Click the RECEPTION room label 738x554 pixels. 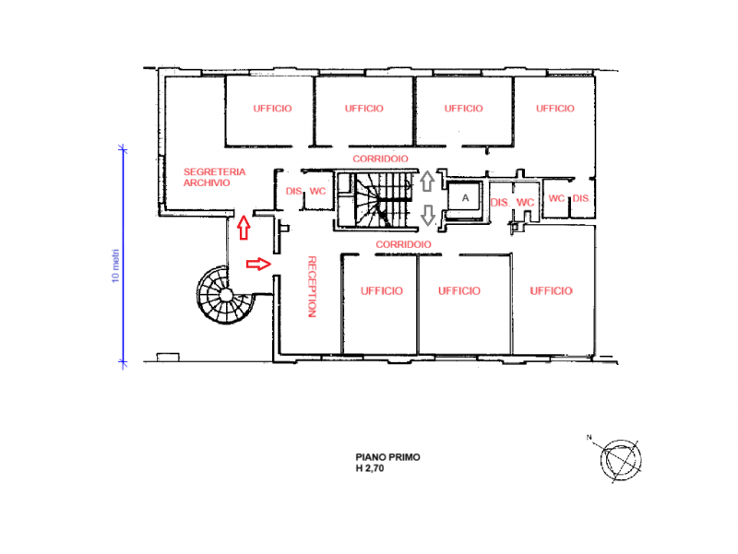[x=312, y=287]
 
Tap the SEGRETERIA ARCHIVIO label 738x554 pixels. [x=215, y=177]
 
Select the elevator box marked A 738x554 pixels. [x=465, y=198]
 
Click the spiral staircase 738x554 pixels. [x=225, y=295]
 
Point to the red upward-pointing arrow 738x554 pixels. [x=244, y=228]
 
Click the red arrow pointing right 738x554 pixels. [x=259, y=264]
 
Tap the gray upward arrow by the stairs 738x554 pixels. [x=427, y=181]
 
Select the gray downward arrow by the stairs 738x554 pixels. [x=427, y=215]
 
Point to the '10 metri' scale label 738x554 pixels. [x=116, y=265]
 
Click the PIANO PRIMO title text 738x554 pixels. [x=387, y=457]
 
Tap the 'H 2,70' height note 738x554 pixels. [x=370, y=468]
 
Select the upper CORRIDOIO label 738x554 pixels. [x=380, y=159]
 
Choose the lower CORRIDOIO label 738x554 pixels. [x=403, y=244]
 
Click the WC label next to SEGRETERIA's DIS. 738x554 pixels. [x=317, y=192]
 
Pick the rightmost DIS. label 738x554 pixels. [x=581, y=198]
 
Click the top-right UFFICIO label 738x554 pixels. [x=555, y=109]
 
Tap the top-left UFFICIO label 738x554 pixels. [x=272, y=109]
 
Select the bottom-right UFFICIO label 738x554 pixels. [x=551, y=291]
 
